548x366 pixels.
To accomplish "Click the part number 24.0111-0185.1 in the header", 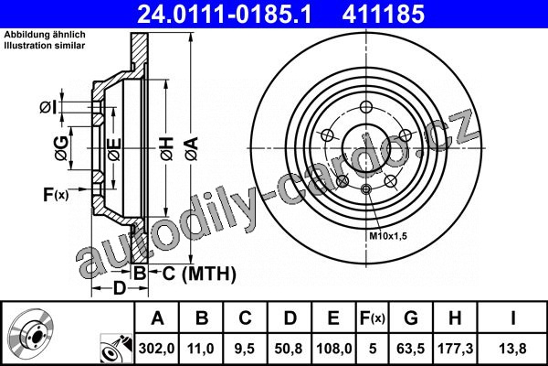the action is (224, 14).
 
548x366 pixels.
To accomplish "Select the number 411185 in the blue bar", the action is (384, 14).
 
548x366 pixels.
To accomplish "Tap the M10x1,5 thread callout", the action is (388, 236).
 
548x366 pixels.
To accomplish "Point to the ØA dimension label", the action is (192, 149).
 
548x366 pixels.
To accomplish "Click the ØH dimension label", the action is (167, 149).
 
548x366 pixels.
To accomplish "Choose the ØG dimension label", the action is (62, 148).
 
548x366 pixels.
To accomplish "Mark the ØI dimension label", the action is (47, 107).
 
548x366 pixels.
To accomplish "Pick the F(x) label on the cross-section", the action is (56, 194).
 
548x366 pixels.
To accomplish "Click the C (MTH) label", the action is (199, 274).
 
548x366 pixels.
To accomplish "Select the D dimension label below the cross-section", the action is (119, 288).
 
